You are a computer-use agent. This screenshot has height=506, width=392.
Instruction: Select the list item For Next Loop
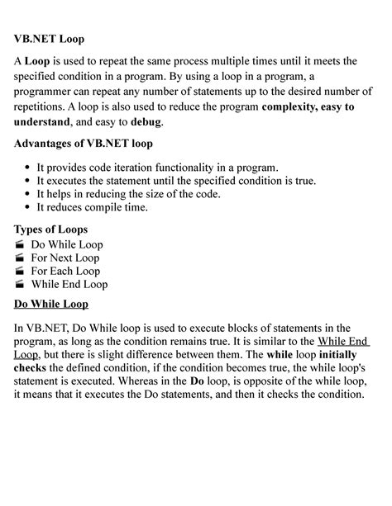click(x=67, y=258)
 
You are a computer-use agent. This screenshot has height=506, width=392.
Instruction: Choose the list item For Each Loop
click(x=65, y=271)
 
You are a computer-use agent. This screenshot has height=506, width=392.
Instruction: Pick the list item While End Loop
click(x=69, y=284)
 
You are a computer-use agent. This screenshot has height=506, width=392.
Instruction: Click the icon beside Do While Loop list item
click(x=20, y=245)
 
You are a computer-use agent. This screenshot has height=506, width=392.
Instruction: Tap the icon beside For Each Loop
click(x=20, y=271)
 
